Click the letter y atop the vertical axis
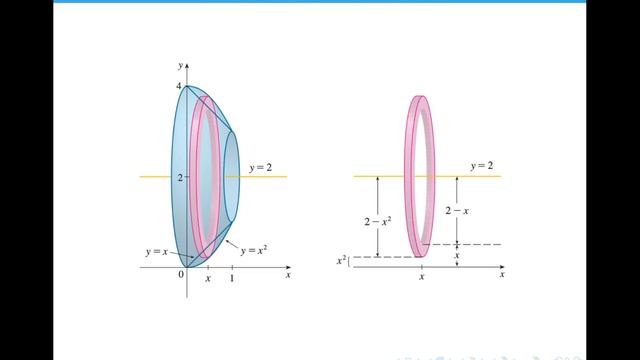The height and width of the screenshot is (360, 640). tap(180, 66)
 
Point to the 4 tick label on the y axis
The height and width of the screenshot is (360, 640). tap(178, 86)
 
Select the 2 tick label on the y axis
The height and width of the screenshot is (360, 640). tap(180, 178)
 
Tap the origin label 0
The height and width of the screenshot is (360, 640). tap(181, 275)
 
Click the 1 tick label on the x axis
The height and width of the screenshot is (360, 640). tap(232, 278)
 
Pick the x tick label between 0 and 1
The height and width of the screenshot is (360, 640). tap(208, 279)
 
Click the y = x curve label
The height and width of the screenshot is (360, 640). tap(157, 252)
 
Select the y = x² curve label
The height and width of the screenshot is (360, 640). tap(254, 250)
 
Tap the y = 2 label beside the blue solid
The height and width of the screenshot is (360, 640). tap(260, 168)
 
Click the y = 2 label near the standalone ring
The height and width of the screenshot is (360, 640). tap(482, 166)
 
